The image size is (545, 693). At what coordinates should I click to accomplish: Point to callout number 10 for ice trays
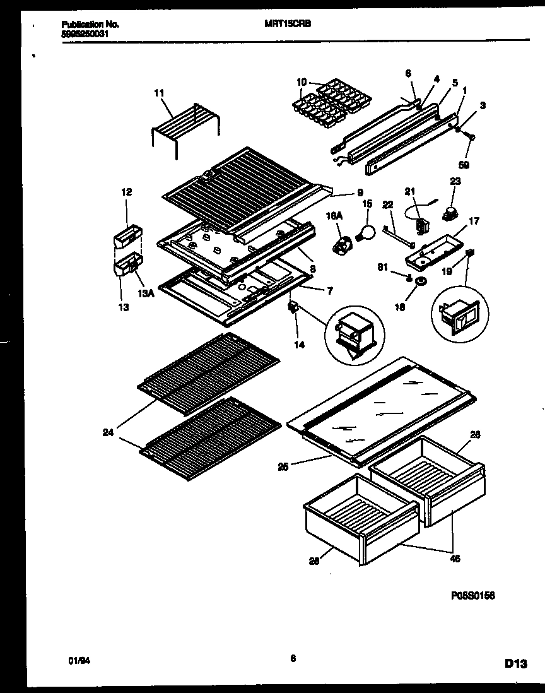(x=302, y=81)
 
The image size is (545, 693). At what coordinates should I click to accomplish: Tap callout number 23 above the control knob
(x=455, y=181)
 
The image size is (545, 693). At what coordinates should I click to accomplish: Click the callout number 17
(x=474, y=221)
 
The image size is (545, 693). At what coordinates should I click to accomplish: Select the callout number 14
(x=298, y=345)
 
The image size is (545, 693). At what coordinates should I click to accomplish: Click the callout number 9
(x=359, y=193)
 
